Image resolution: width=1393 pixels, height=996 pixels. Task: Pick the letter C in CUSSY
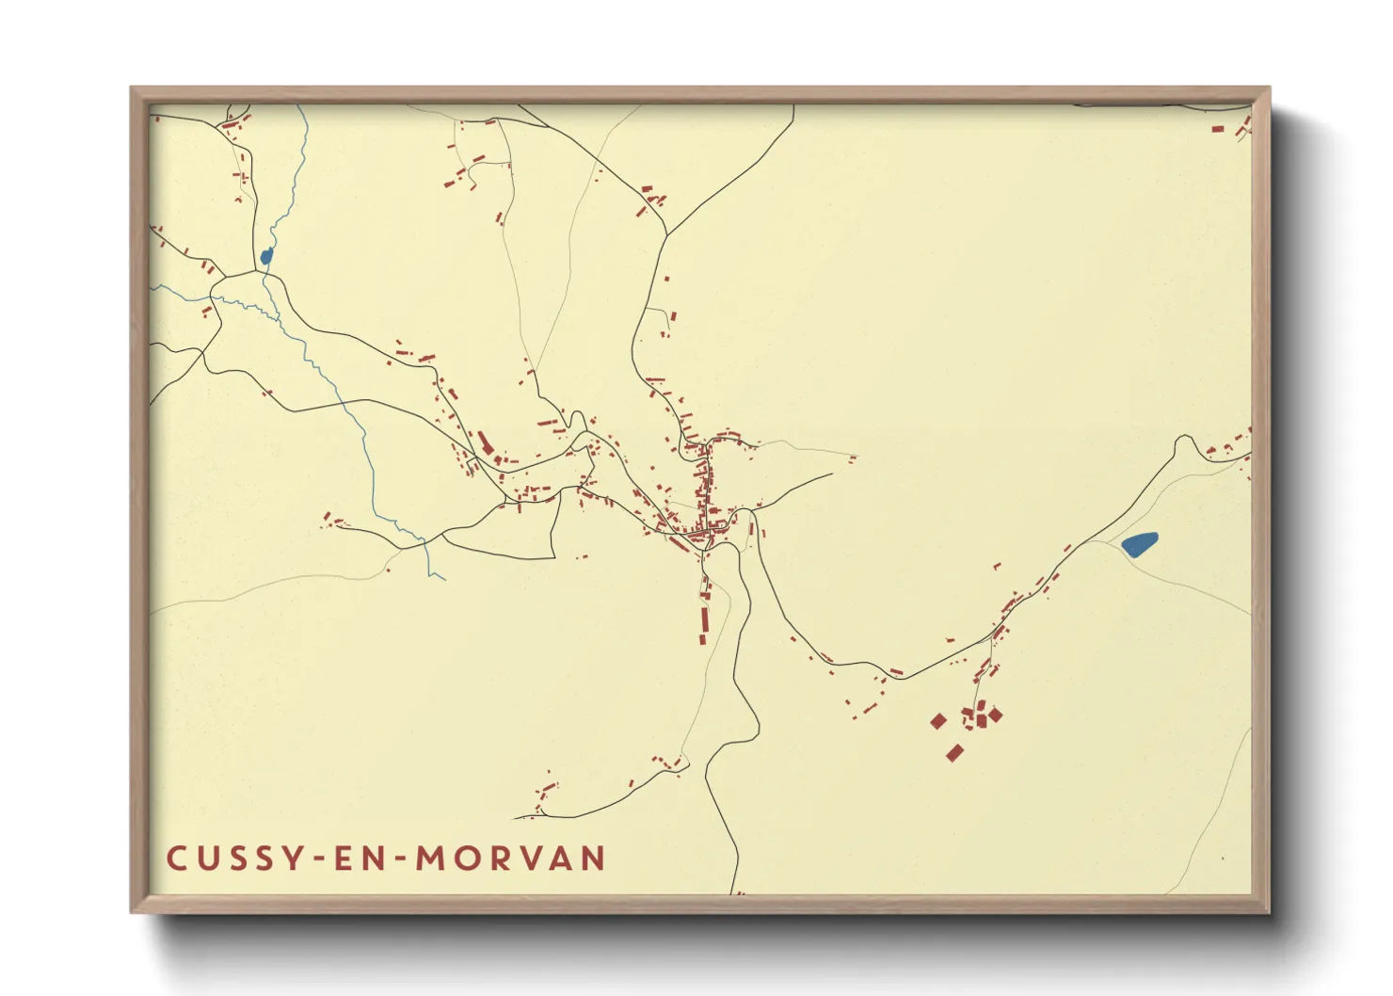176,859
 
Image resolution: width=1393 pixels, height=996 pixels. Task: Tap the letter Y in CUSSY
296,859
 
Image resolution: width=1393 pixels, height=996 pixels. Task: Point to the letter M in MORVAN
430,859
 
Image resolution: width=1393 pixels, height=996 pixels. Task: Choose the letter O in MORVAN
466,859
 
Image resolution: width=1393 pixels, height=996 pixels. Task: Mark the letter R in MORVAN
500,859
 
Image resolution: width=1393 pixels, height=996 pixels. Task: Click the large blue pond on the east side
1140,544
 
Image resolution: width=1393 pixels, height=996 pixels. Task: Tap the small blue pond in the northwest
266,256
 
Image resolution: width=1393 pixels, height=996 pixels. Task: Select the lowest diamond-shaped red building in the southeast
954,752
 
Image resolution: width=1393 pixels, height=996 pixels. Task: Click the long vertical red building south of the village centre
703,624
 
